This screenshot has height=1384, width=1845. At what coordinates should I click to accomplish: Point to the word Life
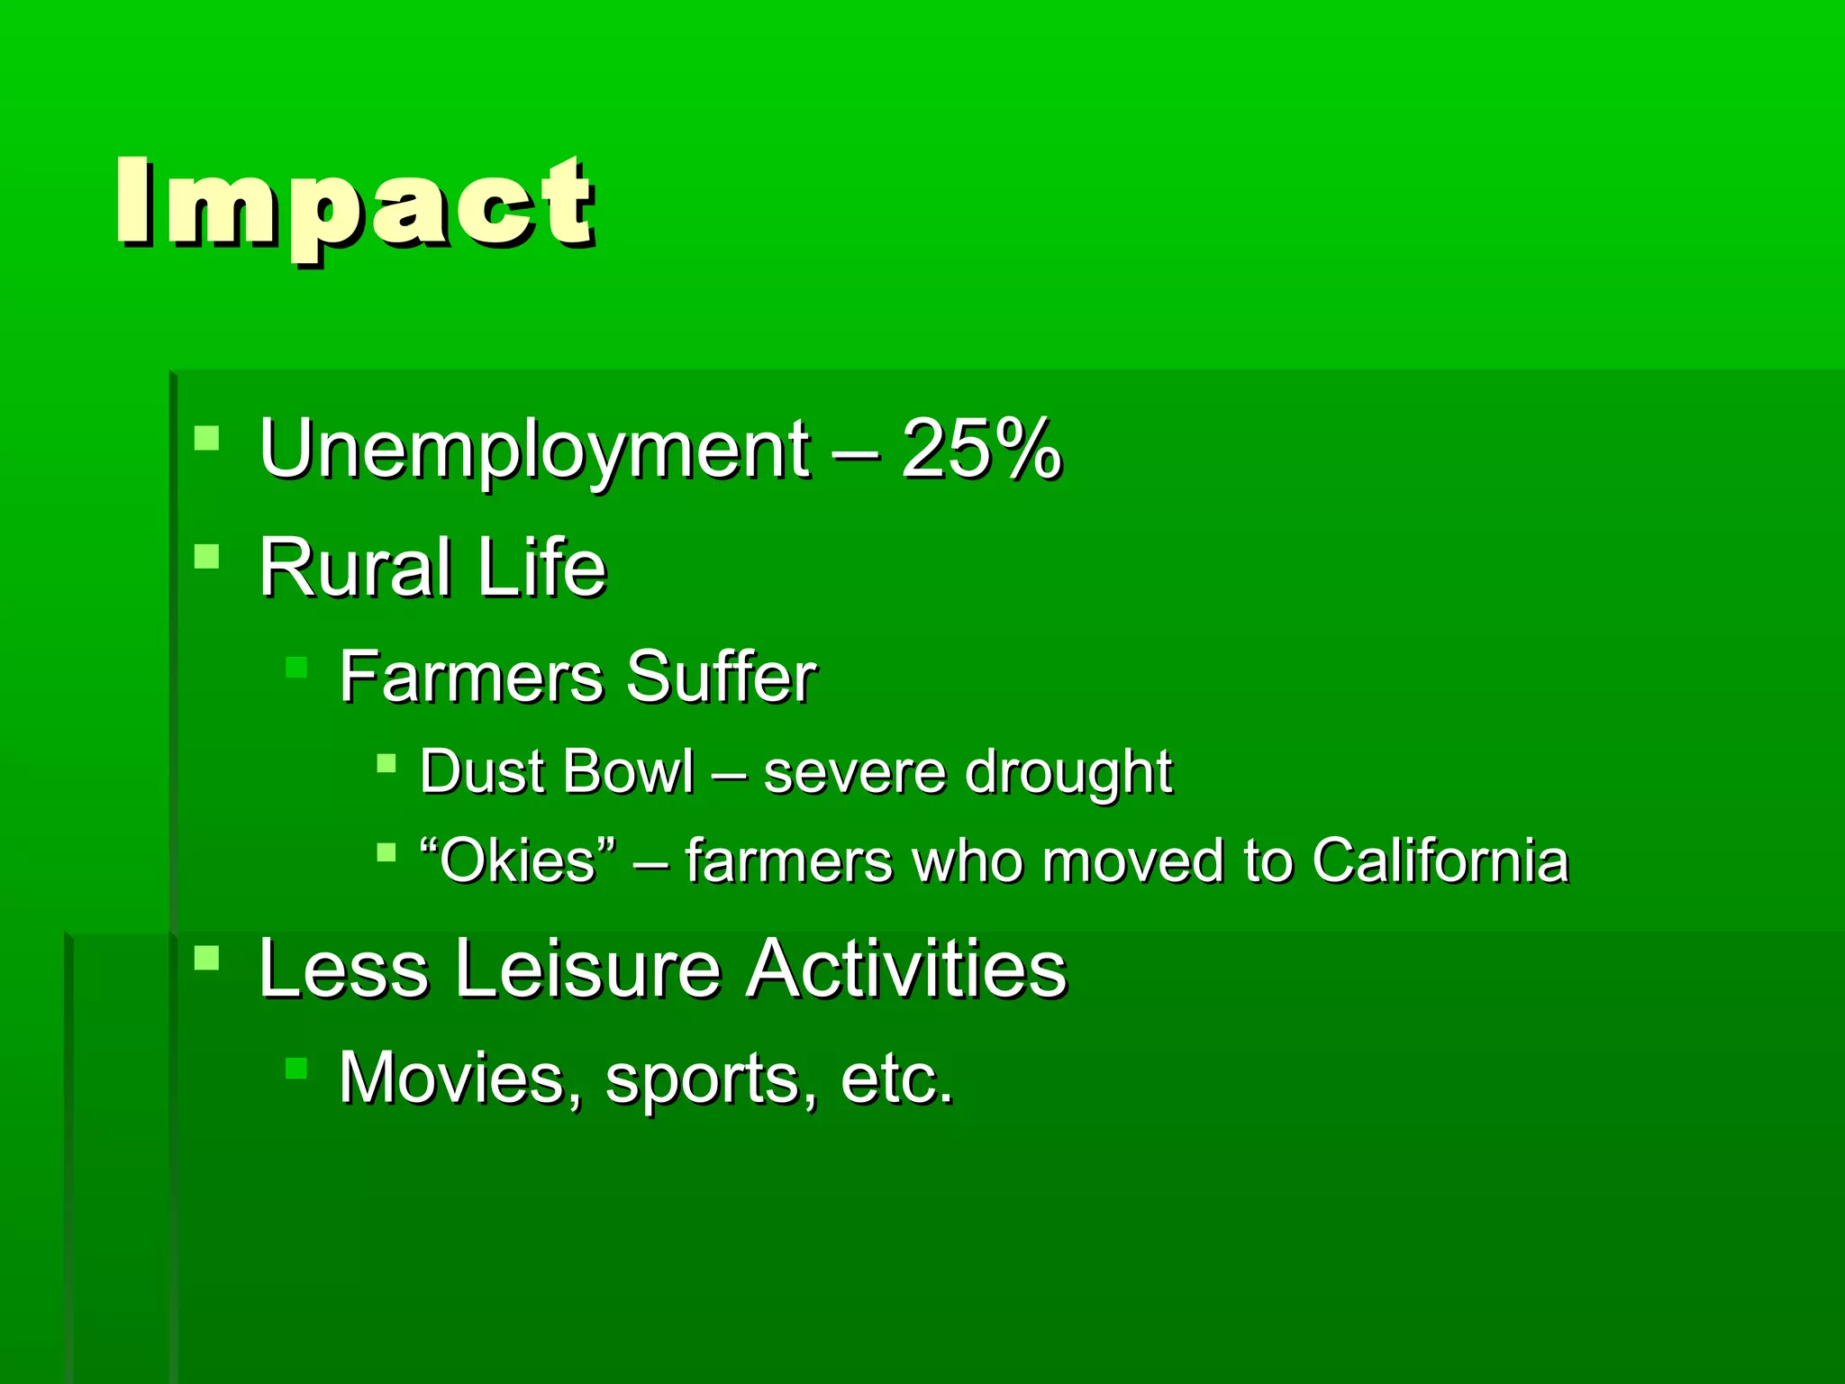pyautogui.click(x=541, y=568)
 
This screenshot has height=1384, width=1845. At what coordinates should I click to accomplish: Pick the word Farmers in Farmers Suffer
pyautogui.click(x=470, y=678)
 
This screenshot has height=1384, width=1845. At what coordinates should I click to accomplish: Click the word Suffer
pyautogui.click(x=721, y=678)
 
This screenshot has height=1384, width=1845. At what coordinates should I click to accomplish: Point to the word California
pyautogui.click(x=1440, y=860)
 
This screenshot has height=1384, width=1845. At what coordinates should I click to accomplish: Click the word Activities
pyautogui.click(x=906, y=970)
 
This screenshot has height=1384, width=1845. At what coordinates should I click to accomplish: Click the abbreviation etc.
pyautogui.click(x=895, y=1079)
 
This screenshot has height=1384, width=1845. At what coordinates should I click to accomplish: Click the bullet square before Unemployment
pyautogui.click(x=206, y=439)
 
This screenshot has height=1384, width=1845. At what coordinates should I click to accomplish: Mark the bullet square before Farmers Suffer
pyautogui.click(x=296, y=668)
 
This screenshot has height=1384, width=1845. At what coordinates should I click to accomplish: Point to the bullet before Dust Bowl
pyautogui.click(x=386, y=764)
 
